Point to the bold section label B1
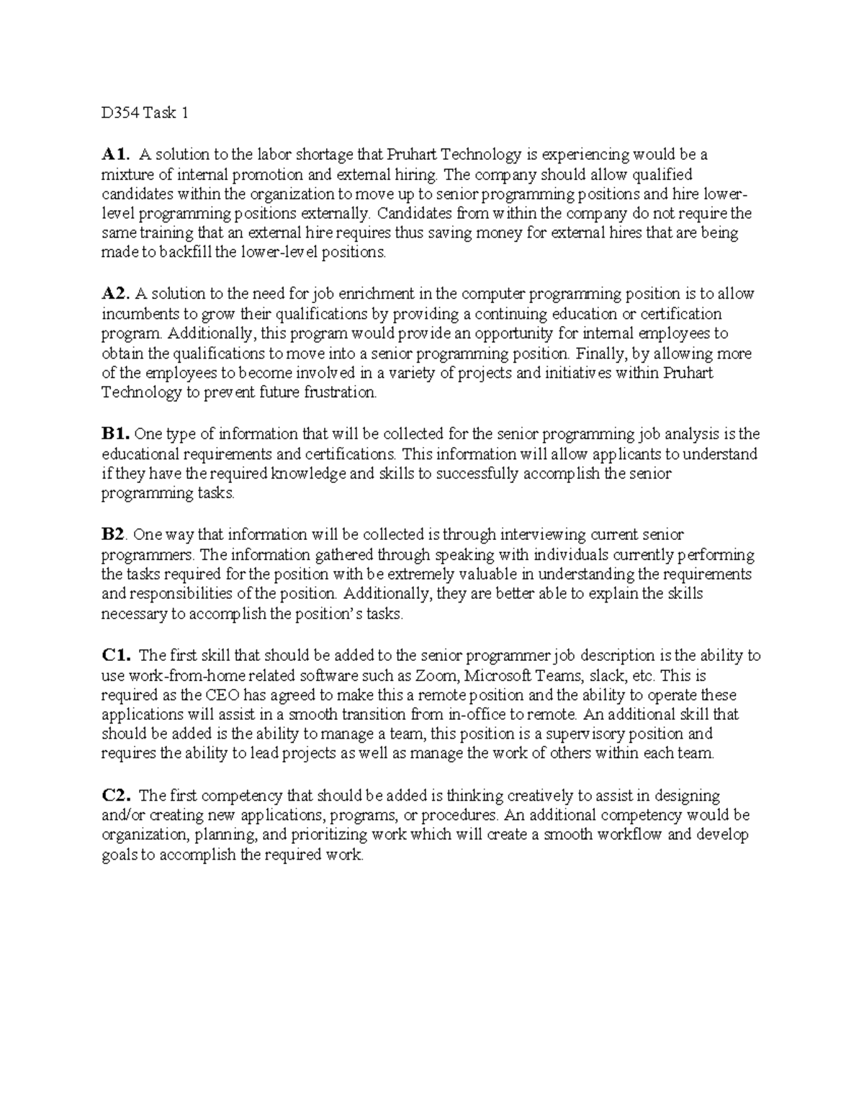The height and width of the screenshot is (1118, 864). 115,434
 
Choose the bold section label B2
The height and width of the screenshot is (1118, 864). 114,535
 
